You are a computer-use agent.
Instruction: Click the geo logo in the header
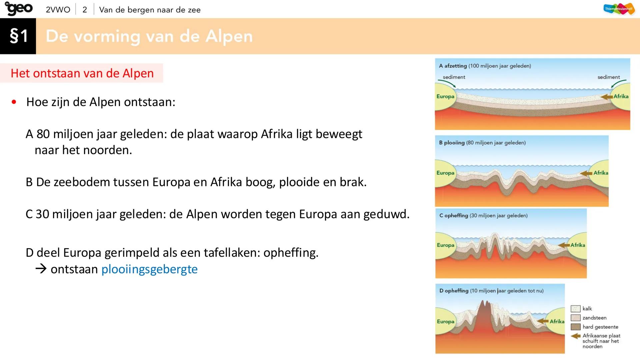tap(19, 9)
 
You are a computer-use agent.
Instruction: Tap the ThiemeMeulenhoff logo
tap(619, 9)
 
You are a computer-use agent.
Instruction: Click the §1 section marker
tap(18, 36)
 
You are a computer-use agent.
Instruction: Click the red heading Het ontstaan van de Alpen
tap(82, 73)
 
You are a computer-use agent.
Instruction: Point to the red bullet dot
tap(14, 102)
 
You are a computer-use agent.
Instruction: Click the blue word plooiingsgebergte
tap(149, 269)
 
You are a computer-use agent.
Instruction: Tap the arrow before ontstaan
tap(41, 269)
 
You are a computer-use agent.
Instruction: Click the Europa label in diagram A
tap(445, 96)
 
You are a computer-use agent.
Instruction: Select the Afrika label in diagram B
tap(601, 173)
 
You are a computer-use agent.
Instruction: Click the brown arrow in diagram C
tap(564, 245)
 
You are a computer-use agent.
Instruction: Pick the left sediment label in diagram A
tap(454, 77)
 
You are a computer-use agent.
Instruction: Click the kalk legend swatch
tap(576, 309)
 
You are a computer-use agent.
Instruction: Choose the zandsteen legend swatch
tap(576, 318)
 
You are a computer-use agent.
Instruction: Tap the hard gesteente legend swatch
tap(576, 327)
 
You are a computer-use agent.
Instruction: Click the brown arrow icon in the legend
tap(576, 336)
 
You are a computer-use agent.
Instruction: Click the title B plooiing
tap(452, 143)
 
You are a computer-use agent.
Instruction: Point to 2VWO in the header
tap(58, 10)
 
